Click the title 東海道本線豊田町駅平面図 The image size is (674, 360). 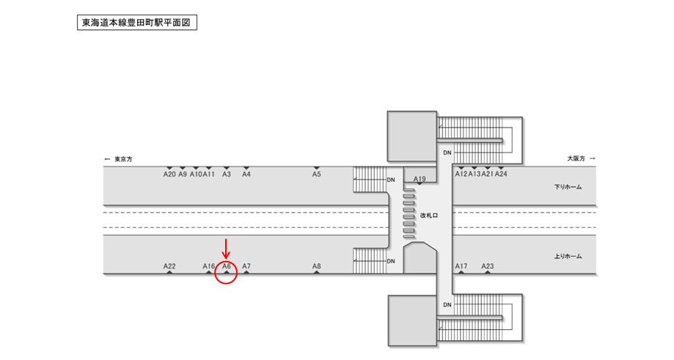[137, 22]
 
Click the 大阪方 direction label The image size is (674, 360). [580, 158]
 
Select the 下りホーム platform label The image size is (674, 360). [568, 187]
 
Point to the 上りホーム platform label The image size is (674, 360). [568, 256]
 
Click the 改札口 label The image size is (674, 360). [428, 216]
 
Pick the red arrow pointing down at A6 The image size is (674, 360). [226, 248]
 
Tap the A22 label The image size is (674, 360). [169, 266]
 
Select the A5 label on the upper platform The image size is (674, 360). [317, 175]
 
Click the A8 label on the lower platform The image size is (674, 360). [317, 266]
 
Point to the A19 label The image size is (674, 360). [420, 179]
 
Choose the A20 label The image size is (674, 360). [169, 175]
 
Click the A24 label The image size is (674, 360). [501, 175]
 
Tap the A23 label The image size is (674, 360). [488, 266]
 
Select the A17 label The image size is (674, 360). [461, 266]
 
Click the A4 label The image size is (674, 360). [246, 175]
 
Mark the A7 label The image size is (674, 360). [246, 266]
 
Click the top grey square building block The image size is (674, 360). [411, 136]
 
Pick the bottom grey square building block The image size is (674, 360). [411, 320]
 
